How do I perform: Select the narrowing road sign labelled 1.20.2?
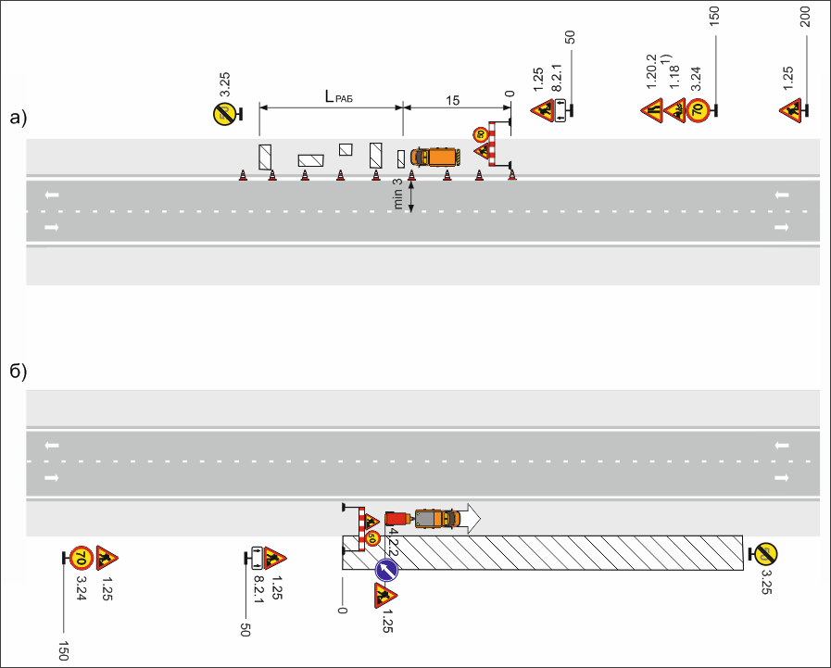652,111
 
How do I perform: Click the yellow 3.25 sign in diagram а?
222,115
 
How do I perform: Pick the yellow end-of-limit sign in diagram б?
766,554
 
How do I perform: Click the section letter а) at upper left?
19,118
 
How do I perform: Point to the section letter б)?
19,371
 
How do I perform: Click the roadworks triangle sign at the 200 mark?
791,111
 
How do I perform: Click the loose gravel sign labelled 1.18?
675,111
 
